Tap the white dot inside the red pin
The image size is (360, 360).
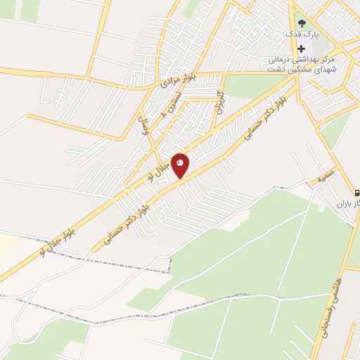(x=180, y=163)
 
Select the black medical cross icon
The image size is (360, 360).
(x=302, y=49)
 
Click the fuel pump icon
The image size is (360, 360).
(x=355, y=192)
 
